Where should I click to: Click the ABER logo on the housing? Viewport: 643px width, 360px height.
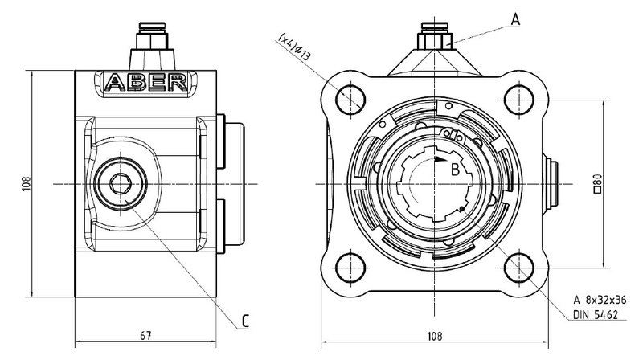tap(146, 83)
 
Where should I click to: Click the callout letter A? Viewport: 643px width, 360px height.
tap(515, 18)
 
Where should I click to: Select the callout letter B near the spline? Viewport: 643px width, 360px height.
tap(455, 170)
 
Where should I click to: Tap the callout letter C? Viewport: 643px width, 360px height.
tap(245, 321)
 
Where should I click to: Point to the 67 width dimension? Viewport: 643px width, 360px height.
tap(145, 335)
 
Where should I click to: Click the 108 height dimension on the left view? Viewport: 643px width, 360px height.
tap(26, 184)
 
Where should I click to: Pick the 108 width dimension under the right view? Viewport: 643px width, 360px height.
tap(435, 336)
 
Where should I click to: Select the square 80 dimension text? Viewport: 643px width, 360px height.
tap(597, 183)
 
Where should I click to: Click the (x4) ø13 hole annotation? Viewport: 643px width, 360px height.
tap(294, 47)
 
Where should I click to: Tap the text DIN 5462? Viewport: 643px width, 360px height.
tap(595, 315)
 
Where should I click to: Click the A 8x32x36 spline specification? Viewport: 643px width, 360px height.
tap(600, 300)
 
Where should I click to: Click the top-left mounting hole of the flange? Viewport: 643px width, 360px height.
tap(350, 99)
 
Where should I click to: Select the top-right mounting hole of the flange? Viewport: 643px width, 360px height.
tap(518, 99)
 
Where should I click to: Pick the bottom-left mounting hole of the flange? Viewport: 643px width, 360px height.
tap(350, 268)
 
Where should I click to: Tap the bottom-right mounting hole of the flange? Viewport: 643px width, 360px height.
tap(518, 268)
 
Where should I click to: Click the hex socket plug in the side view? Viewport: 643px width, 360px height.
tap(120, 184)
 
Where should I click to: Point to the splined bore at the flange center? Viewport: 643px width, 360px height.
tap(435, 184)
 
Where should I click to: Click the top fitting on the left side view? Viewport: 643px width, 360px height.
tap(152, 46)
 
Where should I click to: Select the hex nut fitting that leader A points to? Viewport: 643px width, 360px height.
tap(435, 41)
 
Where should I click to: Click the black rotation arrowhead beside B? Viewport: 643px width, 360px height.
tap(441, 158)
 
